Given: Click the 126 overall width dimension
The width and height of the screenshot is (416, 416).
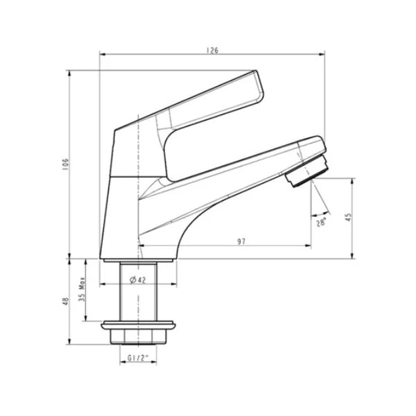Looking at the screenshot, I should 211,49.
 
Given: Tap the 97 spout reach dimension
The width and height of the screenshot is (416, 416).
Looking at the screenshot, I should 242,241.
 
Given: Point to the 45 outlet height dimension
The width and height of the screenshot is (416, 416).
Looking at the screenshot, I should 349,218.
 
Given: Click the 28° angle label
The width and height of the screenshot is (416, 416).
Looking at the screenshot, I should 321,223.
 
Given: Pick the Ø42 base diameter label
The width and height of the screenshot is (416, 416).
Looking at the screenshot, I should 138,279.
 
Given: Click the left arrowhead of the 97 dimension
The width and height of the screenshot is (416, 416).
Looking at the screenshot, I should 141,246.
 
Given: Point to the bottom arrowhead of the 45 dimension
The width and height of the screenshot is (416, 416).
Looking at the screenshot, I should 352,256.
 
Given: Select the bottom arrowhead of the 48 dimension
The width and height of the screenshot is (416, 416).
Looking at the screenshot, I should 69,340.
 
